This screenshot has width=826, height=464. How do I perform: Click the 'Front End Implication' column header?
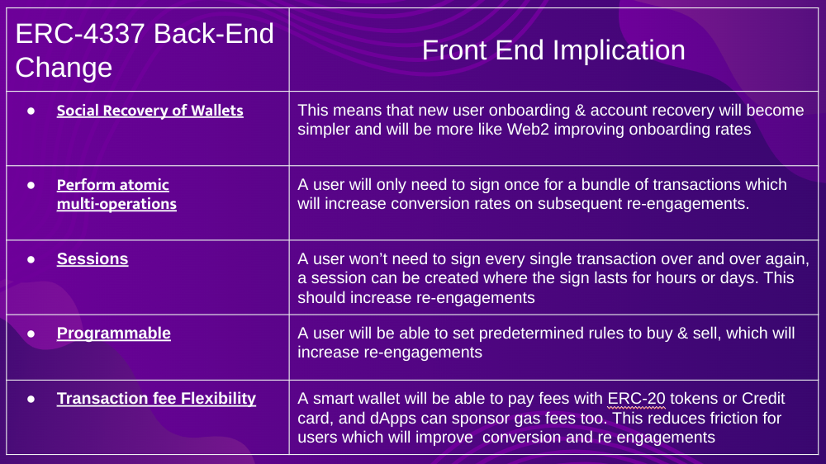(x=553, y=50)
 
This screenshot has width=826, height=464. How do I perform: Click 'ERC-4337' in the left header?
(x=80, y=34)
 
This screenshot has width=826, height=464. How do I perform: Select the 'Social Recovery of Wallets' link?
(x=150, y=111)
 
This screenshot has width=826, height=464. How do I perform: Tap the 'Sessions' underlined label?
(x=93, y=258)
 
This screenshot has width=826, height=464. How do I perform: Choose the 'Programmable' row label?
(x=114, y=333)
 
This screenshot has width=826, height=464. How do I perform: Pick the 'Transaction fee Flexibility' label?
(x=156, y=398)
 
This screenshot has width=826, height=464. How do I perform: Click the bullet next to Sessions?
(x=31, y=259)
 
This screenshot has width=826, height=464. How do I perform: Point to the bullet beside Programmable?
(x=31, y=334)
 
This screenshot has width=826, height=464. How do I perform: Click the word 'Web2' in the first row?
(x=528, y=130)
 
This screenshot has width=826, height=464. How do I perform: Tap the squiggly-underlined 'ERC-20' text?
(x=636, y=399)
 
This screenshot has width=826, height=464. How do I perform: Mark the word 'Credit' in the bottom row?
(x=763, y=399)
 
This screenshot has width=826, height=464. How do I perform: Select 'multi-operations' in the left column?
(x=116, y=204)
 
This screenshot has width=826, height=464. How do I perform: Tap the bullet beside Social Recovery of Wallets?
(x=31, y=111)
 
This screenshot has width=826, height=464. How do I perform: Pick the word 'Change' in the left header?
(x=64, y=68)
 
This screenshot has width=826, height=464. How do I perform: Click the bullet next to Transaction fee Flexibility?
(x=31, y=399)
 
